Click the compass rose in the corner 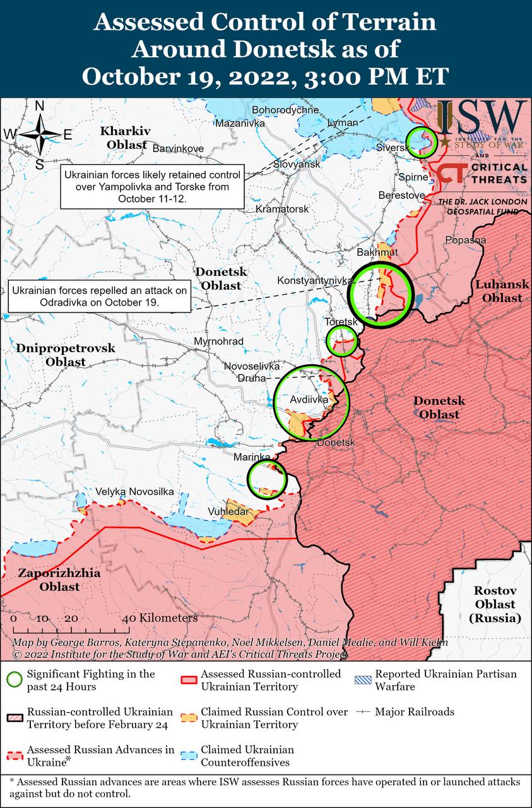point(39,134)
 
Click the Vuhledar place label point(228,511)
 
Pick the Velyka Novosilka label point(134,491)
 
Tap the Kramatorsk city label point(282,208)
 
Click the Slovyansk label point(297,164)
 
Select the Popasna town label point(466,240)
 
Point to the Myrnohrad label point(219,342)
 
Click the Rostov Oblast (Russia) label point(495,604)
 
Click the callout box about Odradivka point(100,296)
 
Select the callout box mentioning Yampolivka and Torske point(152,187)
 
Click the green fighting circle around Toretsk point(341,341)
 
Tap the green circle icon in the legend point(14,680)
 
